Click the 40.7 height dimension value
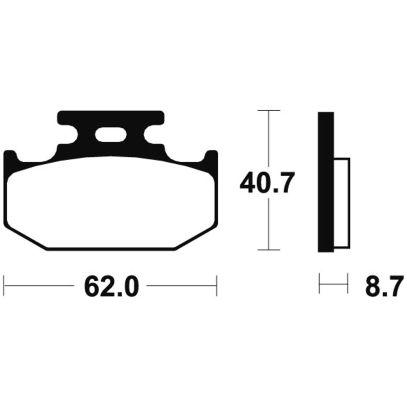tap(267, 182)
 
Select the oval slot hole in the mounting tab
tap(111, 135)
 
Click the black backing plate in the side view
tap(326, 182)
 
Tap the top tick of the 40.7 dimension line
tap(269, 110)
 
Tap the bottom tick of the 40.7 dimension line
tap(269, 250)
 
